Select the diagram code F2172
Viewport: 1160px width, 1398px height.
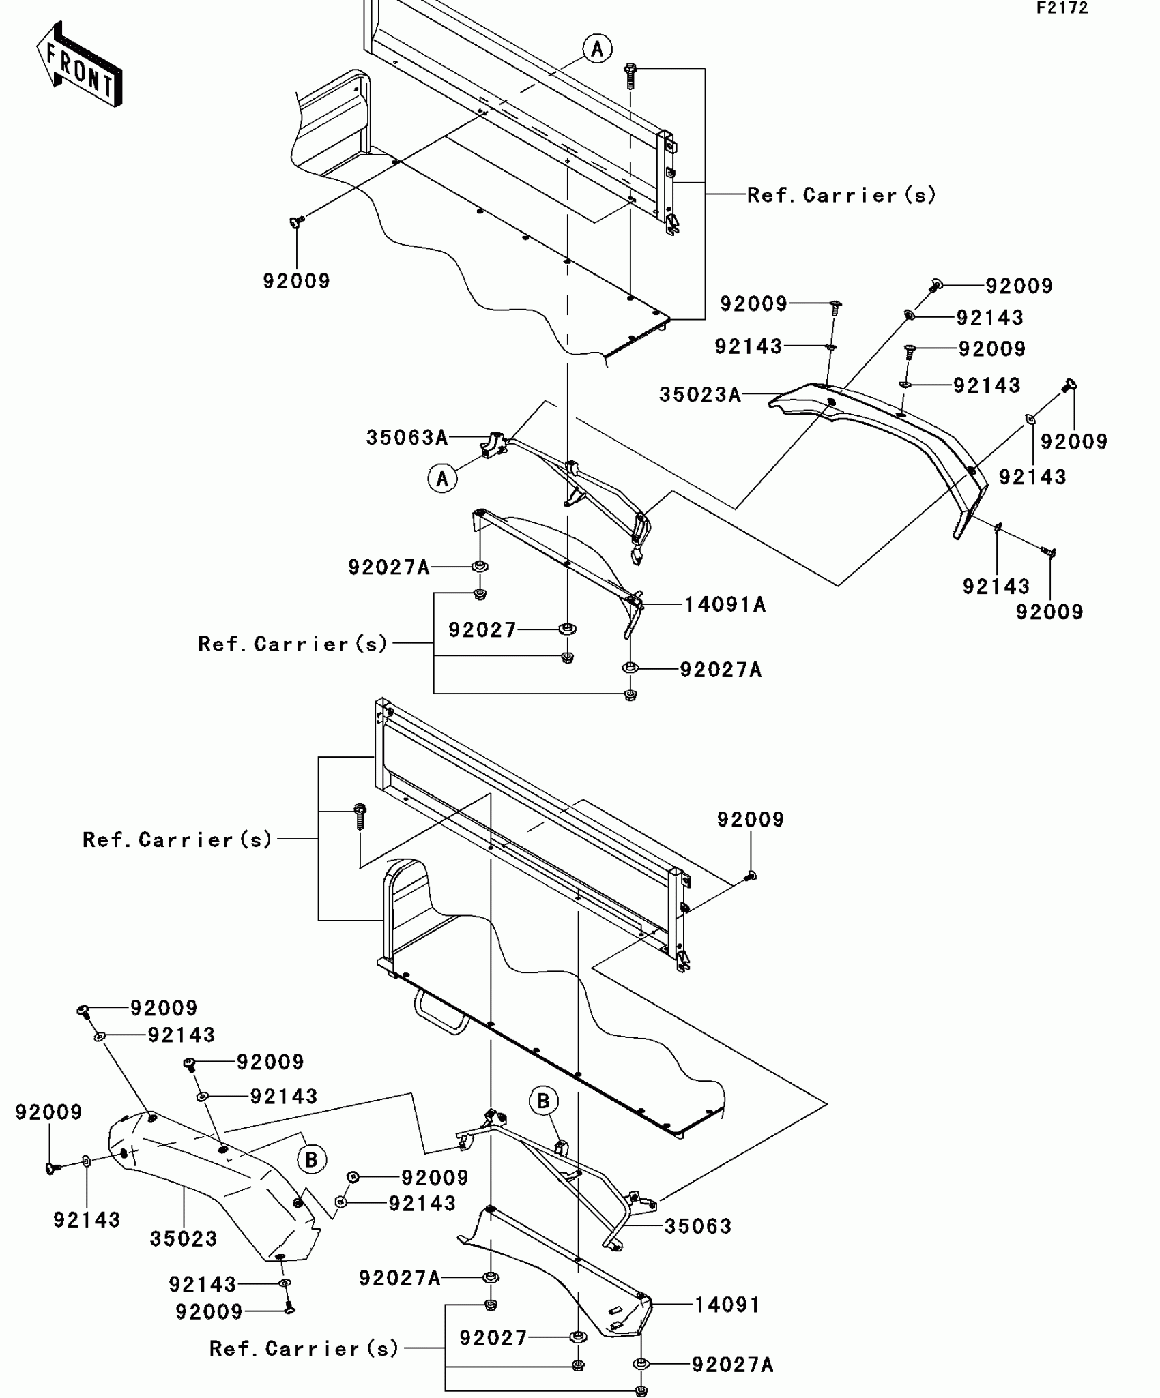tap(1062, 8)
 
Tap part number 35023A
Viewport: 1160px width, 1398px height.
tap(700, 395)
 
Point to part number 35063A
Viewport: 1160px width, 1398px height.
tap(407, 438)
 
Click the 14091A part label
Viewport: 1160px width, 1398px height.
tap(725, 605)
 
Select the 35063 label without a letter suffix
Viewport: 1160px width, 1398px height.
tap(698, 1226)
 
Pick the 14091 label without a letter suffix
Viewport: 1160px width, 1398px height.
tap(727, 1305)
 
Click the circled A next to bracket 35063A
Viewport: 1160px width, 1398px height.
tap(442, 478)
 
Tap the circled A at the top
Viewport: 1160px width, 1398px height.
tap(597, 49)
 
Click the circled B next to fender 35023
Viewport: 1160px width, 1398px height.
tap(311, 1159)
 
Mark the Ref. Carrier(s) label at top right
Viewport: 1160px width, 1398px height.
tap(841, 196)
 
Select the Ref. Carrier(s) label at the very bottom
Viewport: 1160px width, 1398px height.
tap(304, 1349)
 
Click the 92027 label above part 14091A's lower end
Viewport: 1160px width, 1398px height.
tap(482, 630)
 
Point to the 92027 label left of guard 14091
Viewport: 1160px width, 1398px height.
tap(493, 1339)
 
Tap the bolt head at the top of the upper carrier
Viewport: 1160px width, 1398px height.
tap(630, 69)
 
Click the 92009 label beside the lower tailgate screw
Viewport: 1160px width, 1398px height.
tap(751, 820)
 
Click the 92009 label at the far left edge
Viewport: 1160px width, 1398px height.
tap(49, 1112)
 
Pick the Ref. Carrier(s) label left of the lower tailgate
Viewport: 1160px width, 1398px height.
tap(177, 839)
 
